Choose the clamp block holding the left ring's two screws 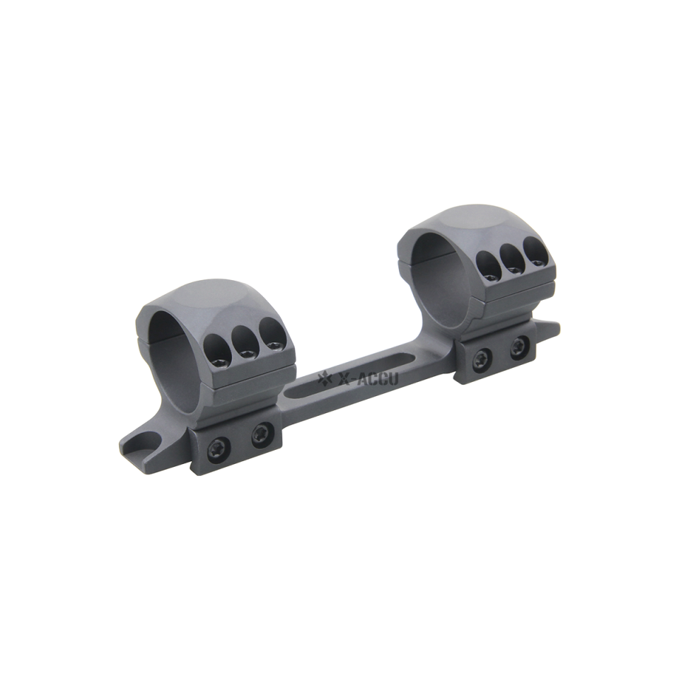(237, 442)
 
